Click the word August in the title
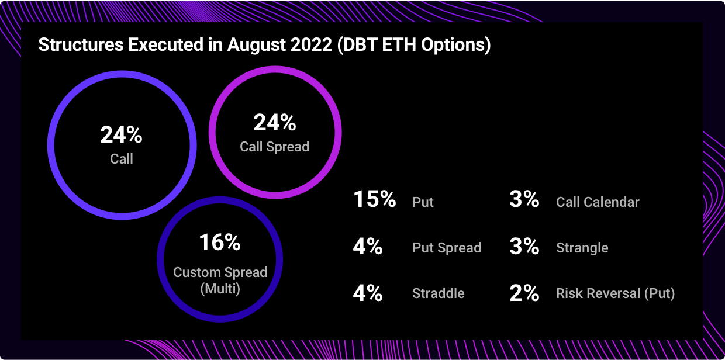point(254,45)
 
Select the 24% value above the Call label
point(122,135)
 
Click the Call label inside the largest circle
point(122,158)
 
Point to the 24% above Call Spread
point(275,123)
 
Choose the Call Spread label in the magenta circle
point(275,147)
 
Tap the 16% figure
point(220,242)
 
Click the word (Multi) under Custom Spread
point(220,289)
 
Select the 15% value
point(375,200)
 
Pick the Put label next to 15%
point(423,202)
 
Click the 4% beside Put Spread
point(368,247)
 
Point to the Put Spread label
point(447,248)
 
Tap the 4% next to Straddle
point(368,292)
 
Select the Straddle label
point(439,293)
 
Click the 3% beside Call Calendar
point(524,200)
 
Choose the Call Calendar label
point(598,202)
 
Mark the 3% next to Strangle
point(524,247)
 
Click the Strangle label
point(582,248)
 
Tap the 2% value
point(524,292)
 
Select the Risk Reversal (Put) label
point(616,293)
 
